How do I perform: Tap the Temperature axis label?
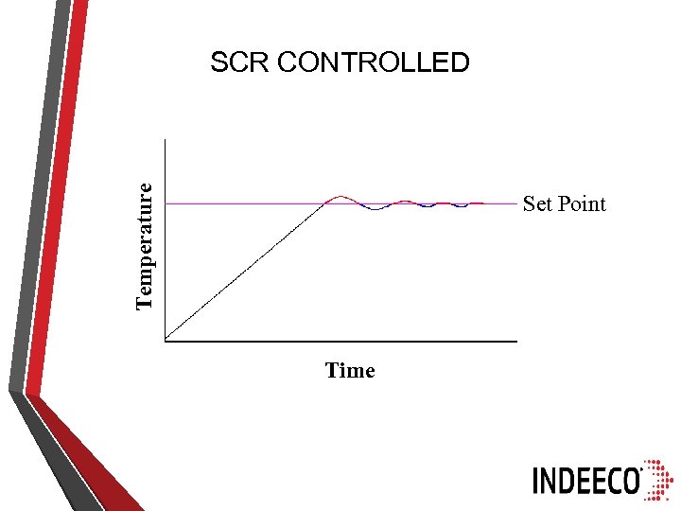(144, 245)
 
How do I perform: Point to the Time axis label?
(350, 371)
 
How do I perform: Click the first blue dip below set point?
(375, 208)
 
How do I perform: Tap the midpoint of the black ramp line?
(246, 271)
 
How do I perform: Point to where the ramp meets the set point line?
(326, 203)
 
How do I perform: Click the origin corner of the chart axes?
(166, 339)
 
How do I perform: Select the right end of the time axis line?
(516, 339)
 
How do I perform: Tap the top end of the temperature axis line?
(166, 140)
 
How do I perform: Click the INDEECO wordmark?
(586, 481)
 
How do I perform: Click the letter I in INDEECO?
(537, 481)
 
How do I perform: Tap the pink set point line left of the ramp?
(236, 203)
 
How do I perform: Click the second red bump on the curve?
(405, 201)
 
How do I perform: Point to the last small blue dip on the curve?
(460, 205)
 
